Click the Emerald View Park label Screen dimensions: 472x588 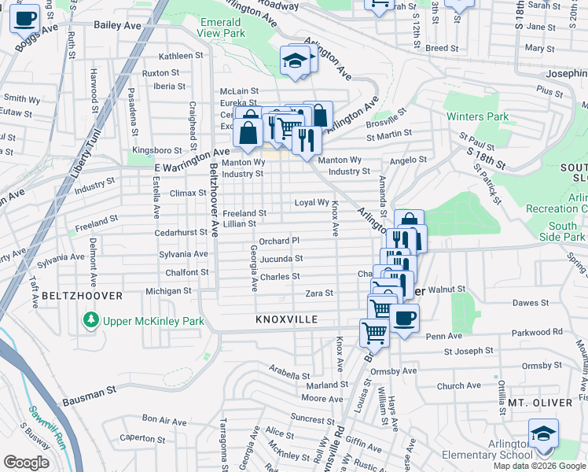coord(222,28)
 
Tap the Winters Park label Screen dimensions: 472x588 coord(478,117)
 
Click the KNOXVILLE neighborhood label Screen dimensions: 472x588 coord(286,320)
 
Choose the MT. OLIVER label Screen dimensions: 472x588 coord(540,403)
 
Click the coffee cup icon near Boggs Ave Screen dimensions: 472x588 coord(25,18)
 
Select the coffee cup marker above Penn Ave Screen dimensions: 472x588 coord(405,319)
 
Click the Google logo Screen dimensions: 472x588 coord(26,463)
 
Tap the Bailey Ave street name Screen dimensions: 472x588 coord(117,25)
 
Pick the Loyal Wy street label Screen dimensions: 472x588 coord(311,202)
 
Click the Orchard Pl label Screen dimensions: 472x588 coord(279,241)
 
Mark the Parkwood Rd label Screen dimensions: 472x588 coord(537,332)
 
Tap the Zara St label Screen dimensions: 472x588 coord(319,293)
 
